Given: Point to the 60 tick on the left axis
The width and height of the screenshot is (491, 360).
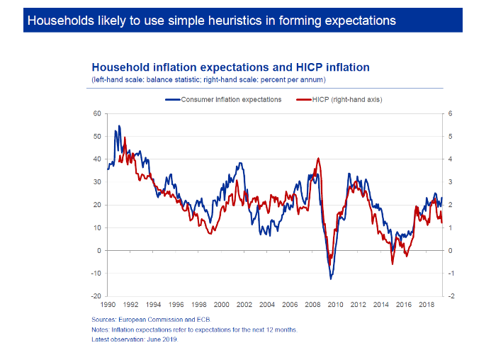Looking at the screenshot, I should coord(98,113).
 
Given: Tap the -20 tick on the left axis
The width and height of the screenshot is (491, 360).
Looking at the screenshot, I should coord(97,296).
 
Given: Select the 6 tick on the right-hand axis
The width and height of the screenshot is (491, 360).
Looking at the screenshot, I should coord(450,113).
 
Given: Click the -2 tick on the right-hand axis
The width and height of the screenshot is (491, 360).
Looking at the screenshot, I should coord(451,296).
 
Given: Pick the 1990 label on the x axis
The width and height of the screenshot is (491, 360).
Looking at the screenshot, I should coord(108,303).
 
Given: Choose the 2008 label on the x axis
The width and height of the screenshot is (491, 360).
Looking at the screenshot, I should coord(312,303).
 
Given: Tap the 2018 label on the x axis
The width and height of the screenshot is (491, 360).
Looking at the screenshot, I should coord(426,303).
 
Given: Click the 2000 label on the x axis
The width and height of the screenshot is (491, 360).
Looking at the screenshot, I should coord(221,303).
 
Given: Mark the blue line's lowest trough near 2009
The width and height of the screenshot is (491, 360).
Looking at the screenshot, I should coord(331,279).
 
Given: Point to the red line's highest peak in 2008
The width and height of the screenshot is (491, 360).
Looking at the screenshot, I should coord(319,158).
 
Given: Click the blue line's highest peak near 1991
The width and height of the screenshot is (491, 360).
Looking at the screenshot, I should coord(119,126).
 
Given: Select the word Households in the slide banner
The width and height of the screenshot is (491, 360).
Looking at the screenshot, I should coord(55,21).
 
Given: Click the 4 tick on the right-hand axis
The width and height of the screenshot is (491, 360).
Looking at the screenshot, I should coord(450,159).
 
